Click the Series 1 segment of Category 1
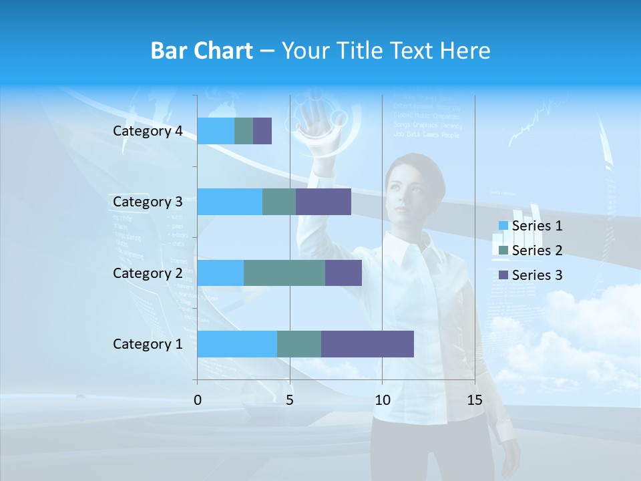point(237,344)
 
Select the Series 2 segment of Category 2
point(284,273)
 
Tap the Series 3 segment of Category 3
point(323,202)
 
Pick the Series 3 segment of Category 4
point(262,131)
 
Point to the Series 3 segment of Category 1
point(367,344)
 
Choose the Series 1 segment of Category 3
point(230,202)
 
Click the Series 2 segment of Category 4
point(244,131)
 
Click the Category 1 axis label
point(148,344)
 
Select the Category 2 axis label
point(148,273)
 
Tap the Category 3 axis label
point(148,202)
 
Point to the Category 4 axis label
point(148,131)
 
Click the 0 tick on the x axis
point(198,400)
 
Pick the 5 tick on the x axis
point(290,400)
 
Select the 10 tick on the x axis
point(382,400)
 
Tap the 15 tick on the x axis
point(475,400)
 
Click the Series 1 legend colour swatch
point(503,226)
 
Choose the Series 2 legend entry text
point(537,251)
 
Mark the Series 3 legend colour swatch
point(503,275)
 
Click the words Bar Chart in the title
point(201,51)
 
